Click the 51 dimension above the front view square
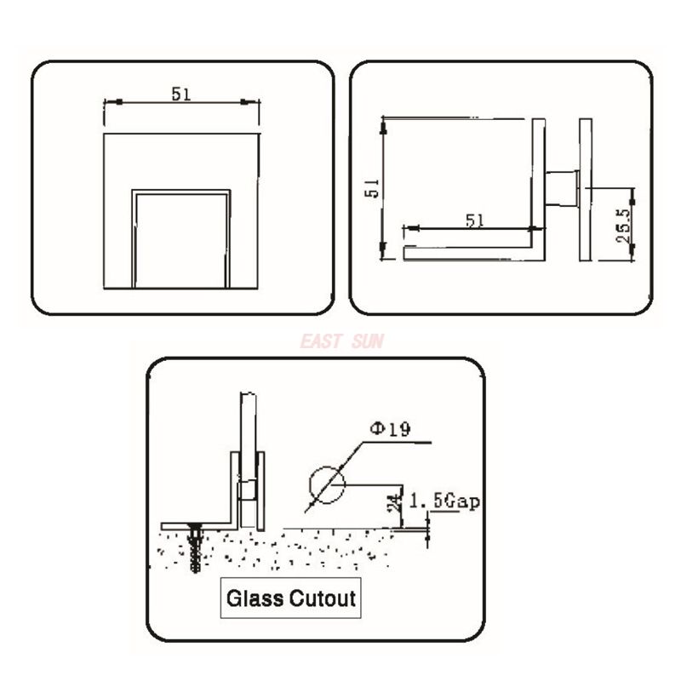tap(180, 94)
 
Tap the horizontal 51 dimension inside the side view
tap(474, 220)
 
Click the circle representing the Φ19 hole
tap(328, 484)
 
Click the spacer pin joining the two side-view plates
tap(562, 188)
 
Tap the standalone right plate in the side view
tap(585, 189)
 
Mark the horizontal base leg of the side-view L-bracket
tap(468, 253)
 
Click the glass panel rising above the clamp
tap(248, 426)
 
